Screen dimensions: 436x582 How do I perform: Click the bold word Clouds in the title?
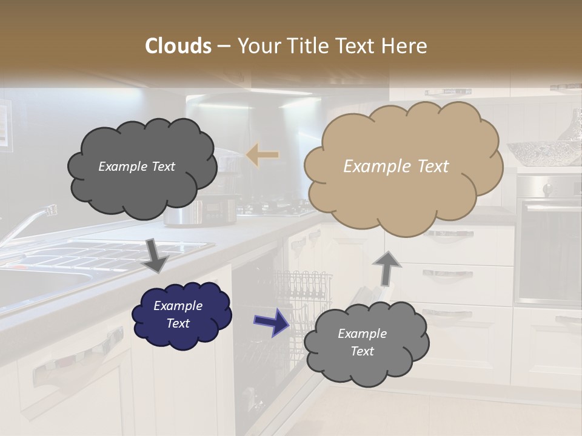point(178,46)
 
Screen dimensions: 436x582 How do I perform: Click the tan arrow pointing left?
point(263,155)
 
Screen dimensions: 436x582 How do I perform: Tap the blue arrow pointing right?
point(271,323)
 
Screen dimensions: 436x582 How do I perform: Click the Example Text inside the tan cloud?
point(396,167)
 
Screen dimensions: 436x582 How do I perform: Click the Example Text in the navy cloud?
point(178,314)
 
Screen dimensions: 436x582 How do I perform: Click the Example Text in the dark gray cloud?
point(136,167)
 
